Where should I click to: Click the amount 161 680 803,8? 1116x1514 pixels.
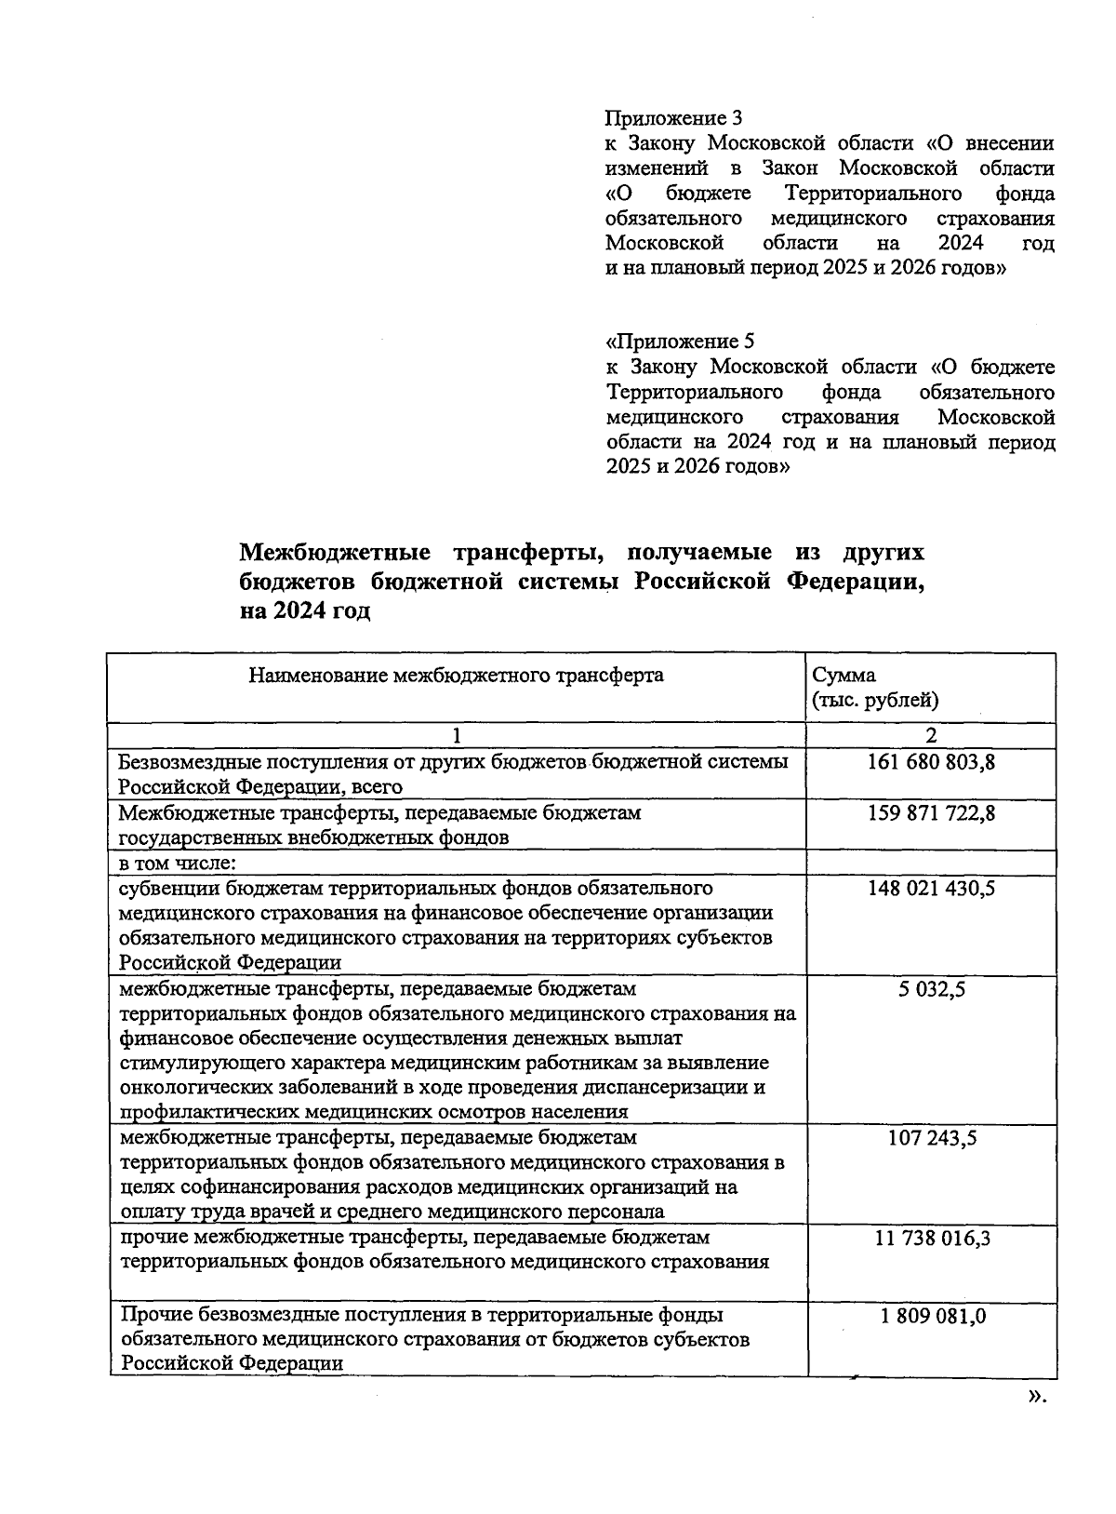(931, 762)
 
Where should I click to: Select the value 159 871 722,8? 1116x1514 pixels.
(931, 813)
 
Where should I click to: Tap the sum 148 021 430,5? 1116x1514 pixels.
(931, 889)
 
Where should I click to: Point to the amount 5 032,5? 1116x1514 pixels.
(931, 989)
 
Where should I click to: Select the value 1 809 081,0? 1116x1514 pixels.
(931, 1316)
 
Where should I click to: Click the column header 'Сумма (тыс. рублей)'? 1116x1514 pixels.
(874, 688)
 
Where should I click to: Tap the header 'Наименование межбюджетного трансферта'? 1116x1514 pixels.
(456, 676)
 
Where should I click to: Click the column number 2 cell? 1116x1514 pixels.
(931, 735)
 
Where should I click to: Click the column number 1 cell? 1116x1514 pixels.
(456, 735)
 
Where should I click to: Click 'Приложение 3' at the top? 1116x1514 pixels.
(673, 118)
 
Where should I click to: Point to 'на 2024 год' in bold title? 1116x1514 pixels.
(305, 612)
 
